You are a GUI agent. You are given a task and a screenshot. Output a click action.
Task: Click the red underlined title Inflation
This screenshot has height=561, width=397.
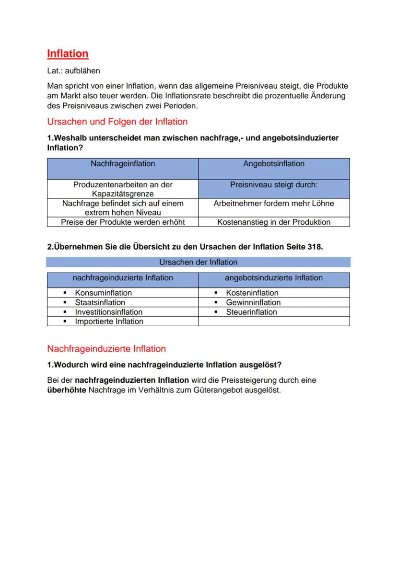(x=68, y=54)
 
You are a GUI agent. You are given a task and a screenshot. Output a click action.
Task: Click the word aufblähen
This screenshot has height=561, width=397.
(x=82, y=71)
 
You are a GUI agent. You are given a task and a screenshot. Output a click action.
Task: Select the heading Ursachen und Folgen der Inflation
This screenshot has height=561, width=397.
(x=117, y=122)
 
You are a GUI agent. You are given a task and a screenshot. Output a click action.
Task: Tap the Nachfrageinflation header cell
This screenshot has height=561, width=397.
(x=123, y=164)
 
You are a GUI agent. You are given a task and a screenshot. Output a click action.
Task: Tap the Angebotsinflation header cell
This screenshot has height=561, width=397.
(x=274, y=164)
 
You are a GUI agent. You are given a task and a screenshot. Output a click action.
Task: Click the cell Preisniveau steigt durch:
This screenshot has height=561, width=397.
(x=274, y=184)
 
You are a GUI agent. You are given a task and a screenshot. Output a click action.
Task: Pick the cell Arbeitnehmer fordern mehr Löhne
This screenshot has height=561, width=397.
(x=274, y=203)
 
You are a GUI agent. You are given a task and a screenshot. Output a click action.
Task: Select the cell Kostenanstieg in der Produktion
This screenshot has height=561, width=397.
(x=274, y=222)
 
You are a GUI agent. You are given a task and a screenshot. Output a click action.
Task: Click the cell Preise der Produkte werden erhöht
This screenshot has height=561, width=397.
(x=123, y=222)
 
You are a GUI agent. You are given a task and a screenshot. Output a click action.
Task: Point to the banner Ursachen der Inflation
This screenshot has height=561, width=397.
(x=198, y=262)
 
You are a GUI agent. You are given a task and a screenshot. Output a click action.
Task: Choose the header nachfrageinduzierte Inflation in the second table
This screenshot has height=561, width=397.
(x=123, y=278)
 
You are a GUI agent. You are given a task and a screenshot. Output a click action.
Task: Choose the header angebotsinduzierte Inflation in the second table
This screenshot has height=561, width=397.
(x=274, y=278)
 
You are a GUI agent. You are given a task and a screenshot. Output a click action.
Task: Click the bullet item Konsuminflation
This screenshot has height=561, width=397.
(x=103, y=293)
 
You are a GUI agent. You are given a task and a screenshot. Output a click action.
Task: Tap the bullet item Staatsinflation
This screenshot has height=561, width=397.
(x=100, y=302)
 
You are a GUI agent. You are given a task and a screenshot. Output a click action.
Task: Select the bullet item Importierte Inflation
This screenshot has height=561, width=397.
(x=109, y=321)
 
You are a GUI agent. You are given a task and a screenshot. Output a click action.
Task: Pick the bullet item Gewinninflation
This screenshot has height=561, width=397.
(x=253, y=302)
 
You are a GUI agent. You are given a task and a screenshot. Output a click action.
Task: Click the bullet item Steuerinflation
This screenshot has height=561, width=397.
(x=251, y=312)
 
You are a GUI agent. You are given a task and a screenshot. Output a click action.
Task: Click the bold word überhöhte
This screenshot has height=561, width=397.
(x=67, y=389)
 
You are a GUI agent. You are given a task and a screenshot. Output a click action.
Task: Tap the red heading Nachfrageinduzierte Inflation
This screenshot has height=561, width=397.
(x=106, y=349)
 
